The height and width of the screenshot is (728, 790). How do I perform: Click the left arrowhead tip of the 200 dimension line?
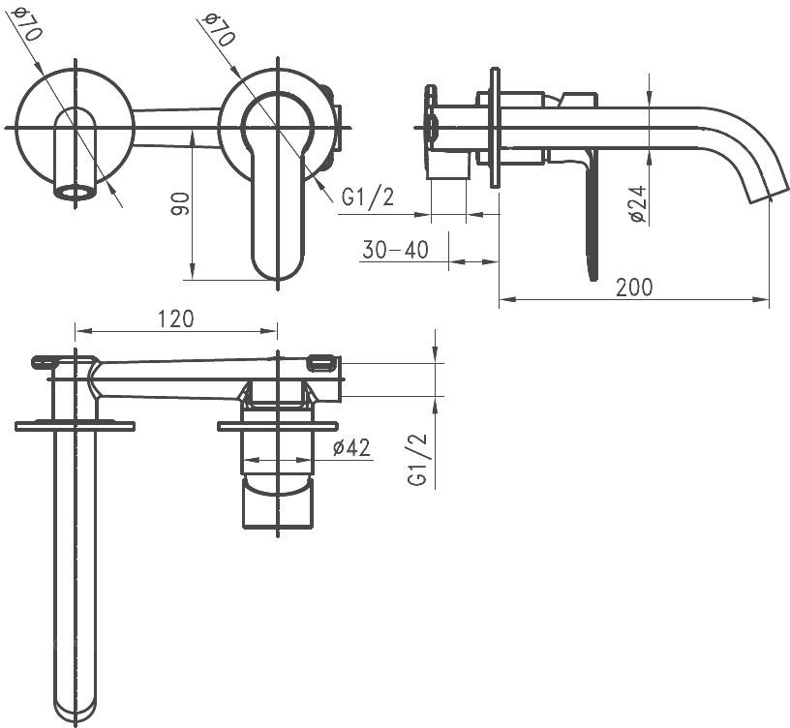point(500,300)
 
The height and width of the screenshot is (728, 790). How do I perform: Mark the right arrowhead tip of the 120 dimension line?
point(277,331)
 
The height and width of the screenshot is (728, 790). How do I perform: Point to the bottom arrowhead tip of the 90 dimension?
point(192,279)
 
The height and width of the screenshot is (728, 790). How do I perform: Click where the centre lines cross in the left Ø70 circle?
point(76,128)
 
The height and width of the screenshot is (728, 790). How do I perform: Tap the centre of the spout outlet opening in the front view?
point(75,193)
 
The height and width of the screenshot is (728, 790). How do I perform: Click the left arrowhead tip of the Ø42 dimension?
point(244,460)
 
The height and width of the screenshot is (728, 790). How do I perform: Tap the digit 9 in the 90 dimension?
point(180,209)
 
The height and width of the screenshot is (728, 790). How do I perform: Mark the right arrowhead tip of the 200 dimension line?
point(770,300)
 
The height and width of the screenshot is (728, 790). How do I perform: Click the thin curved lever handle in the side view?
point(591,217)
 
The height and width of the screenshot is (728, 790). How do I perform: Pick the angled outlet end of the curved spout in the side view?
point(769,195)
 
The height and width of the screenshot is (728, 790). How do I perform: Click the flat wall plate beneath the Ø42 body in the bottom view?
point(278,427)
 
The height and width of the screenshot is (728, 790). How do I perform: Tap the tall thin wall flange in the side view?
point(496,128)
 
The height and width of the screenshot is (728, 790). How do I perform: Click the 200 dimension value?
point(634,287)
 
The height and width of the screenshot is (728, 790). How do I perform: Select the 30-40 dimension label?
point(395,250)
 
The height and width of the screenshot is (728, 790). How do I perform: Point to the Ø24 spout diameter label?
point(637,203)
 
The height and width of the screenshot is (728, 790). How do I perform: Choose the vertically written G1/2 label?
point(418,460)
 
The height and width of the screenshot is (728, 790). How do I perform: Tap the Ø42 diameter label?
point(351,447)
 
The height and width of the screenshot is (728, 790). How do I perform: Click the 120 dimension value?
point(176,318)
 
